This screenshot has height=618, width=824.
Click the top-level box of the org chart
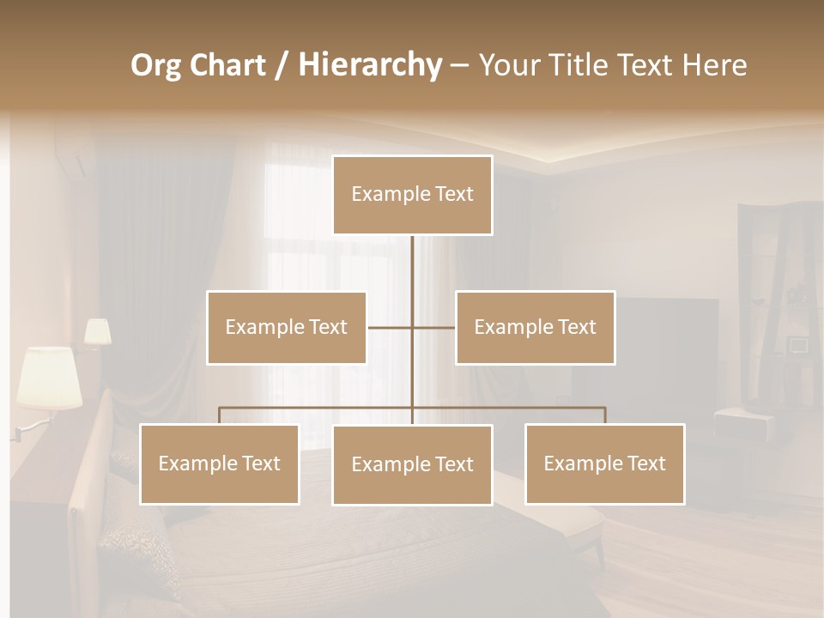pos(412,195)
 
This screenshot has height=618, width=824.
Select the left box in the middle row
pos(287,327)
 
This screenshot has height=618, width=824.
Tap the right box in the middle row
pos(535,327)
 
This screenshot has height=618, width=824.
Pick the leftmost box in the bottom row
pos(219,463)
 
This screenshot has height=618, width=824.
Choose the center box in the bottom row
pos(412,464)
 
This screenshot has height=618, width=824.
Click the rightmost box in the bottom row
pos(604,463)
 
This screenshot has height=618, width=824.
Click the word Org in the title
pos(154,65)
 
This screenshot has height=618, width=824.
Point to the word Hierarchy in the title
pos(369,65)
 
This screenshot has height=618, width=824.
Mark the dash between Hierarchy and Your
pos(459,65)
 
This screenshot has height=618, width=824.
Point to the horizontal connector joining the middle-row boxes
pos(391,327)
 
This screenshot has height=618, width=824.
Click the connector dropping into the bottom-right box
pos(604,415)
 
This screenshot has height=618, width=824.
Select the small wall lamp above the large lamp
pos(97,332)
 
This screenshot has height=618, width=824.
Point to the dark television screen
pos(669,343)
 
